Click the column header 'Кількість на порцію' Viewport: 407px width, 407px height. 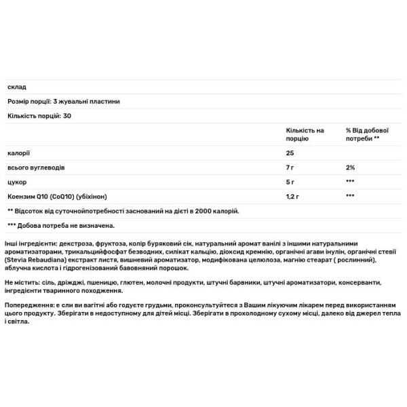[x=306, y=134]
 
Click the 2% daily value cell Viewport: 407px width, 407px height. [x=351, y=167]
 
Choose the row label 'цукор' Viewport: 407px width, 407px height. [x=16, y=181]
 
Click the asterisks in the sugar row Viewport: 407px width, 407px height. [x=350, y=181]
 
